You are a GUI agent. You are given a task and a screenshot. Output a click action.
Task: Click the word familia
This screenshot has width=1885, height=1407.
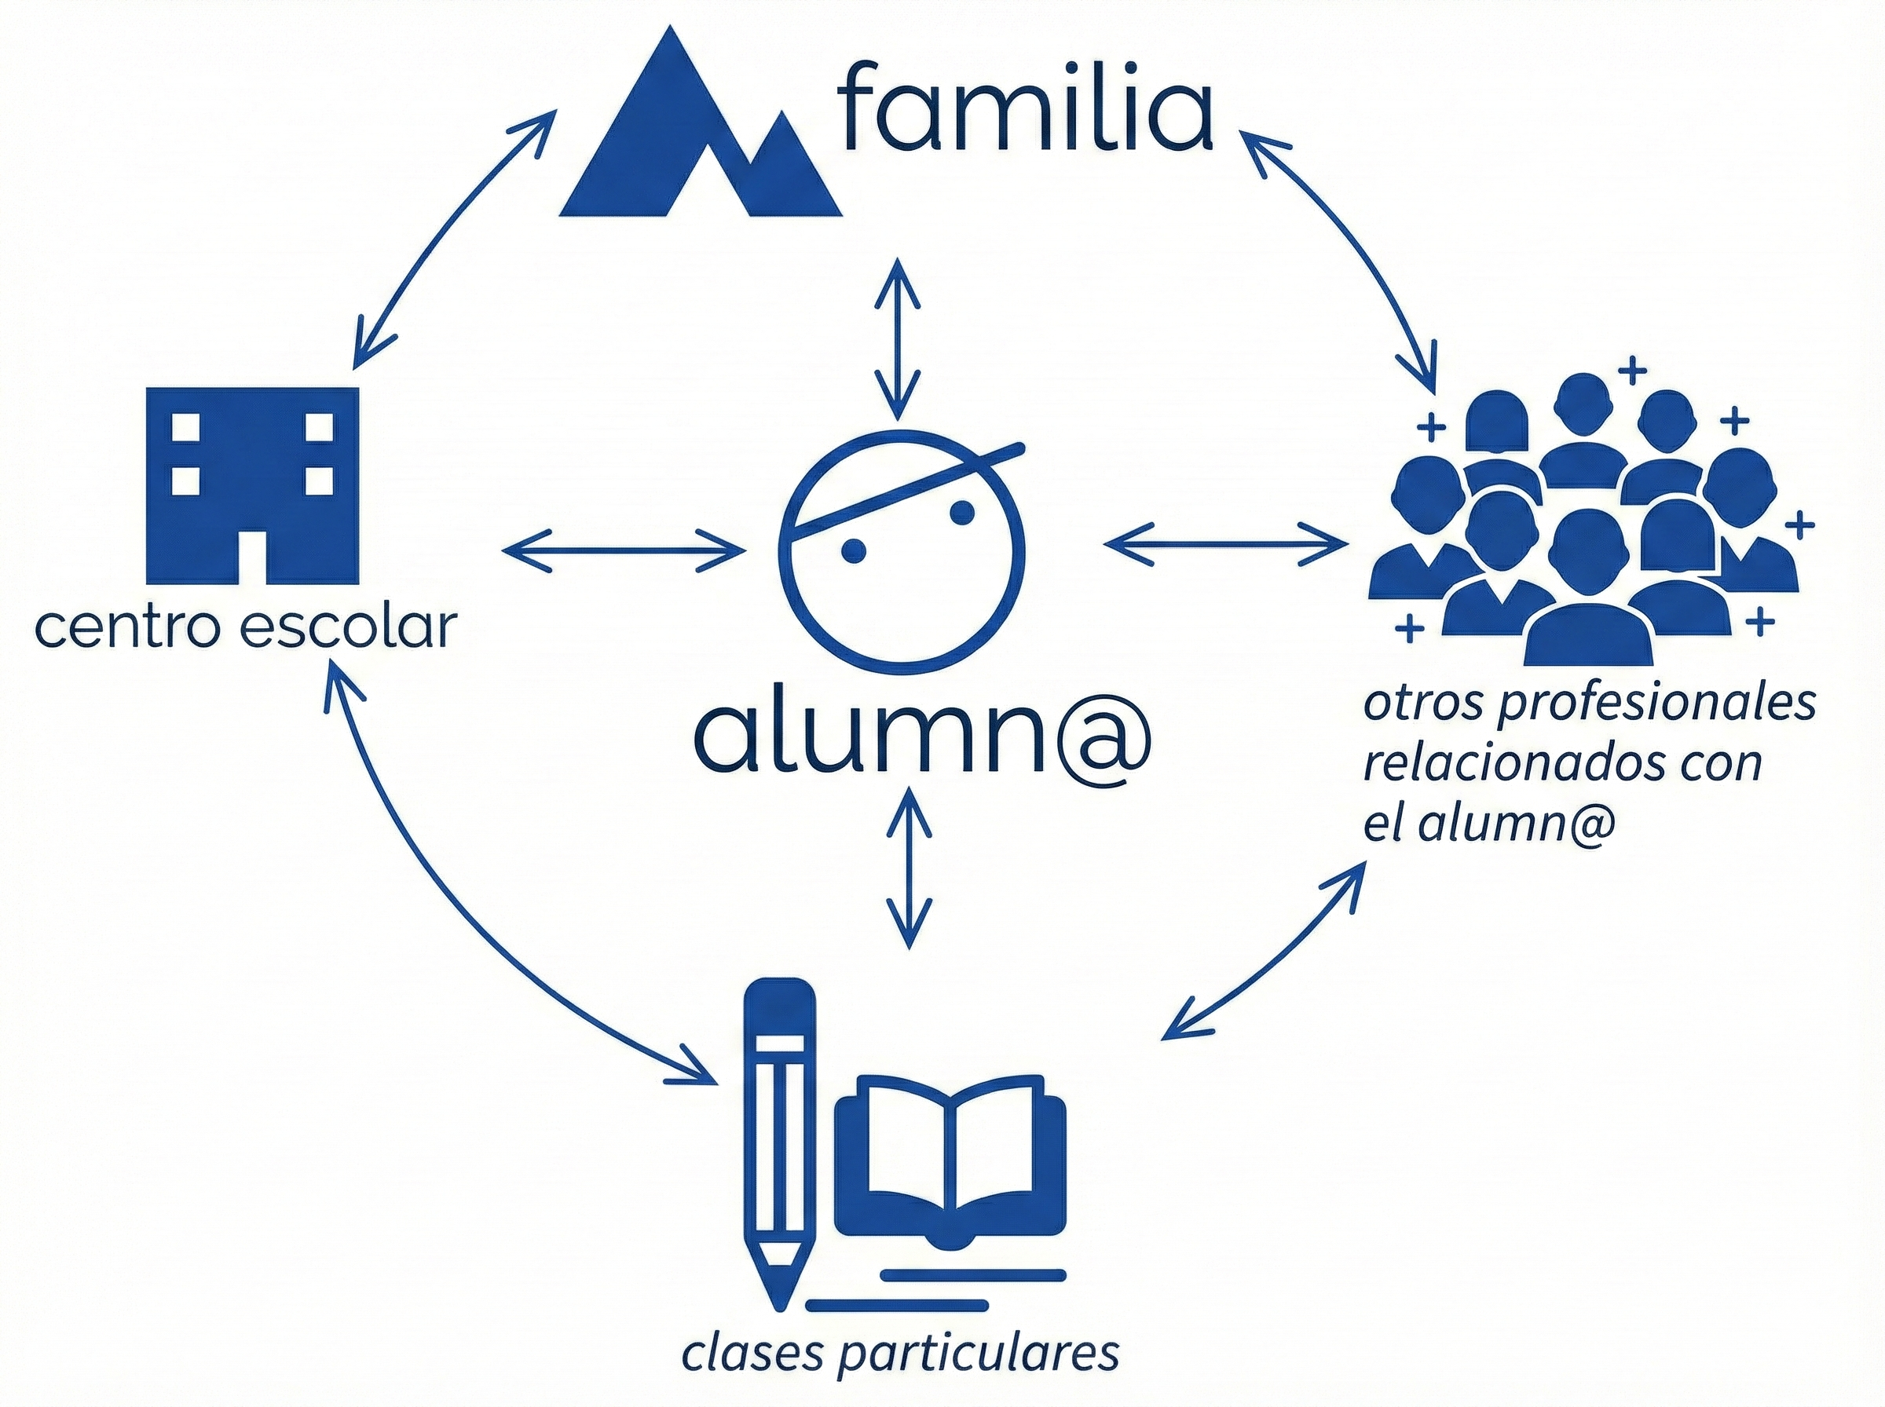click(1027, 107)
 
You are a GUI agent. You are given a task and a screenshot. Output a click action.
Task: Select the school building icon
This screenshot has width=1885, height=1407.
click(252, 485)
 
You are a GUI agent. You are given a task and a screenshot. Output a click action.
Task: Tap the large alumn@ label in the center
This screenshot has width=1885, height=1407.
click(923, 736)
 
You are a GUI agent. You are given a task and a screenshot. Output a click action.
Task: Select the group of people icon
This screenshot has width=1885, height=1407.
click(1584, 520)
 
